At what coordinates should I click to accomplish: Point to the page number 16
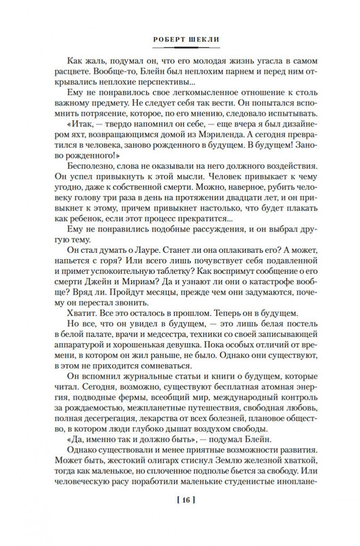click(180, 521)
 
